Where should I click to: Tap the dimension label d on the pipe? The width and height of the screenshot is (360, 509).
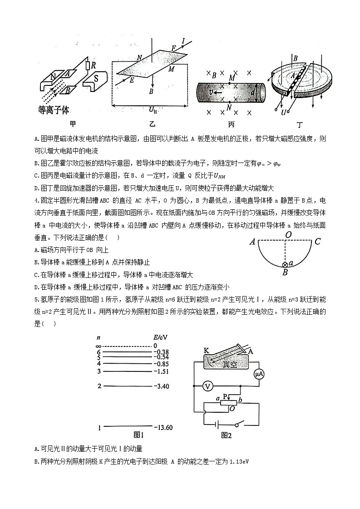click(252, 92)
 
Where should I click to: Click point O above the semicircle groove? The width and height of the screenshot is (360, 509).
click(288, 235)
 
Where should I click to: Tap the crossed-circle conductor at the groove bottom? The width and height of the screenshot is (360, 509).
click(285, 265)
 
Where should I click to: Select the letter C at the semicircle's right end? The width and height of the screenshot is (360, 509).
click(318, 242)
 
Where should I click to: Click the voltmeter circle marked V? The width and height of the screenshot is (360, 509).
click(207, 386)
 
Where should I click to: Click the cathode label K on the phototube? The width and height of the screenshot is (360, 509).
click(206, 350)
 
